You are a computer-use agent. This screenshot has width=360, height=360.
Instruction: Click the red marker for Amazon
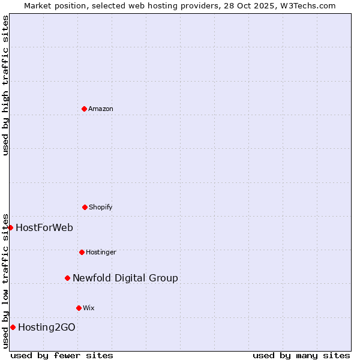[x=84, y=109]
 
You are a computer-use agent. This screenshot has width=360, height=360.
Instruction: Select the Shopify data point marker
[x=85, y=207]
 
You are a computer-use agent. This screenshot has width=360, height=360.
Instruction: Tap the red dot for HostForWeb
[x=10, y=227]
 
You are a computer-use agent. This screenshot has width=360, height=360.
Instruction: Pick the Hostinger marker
[x=82, y=252]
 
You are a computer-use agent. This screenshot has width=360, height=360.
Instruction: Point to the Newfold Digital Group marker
[x=67, y=278]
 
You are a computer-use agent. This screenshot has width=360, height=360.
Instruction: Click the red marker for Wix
[x=79, y=308]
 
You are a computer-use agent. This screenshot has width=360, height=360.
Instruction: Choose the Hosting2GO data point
[x=13, y=327]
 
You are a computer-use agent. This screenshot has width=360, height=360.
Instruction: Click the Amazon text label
[x=101, y=109]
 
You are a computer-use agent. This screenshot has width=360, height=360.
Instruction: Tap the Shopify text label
[x=101, y=207]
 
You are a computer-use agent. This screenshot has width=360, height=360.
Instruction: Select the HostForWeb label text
[x=44, y=227]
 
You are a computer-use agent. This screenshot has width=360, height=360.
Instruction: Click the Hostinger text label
[x=101, y=252]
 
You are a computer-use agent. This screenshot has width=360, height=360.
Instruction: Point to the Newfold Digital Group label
[x=125, y=278]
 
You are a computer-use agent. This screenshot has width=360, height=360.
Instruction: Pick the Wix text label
[x=89, y=308]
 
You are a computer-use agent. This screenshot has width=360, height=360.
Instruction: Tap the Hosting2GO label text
[x=47, y=327]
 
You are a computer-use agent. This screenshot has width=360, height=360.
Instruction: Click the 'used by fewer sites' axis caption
[x=62, y=355]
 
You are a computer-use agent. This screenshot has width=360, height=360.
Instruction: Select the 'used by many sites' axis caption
[x=301, y=355]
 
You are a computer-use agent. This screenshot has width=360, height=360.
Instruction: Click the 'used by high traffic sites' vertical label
[x=5, y=85]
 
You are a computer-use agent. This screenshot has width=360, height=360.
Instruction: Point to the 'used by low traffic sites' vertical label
[x=5, y=281]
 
